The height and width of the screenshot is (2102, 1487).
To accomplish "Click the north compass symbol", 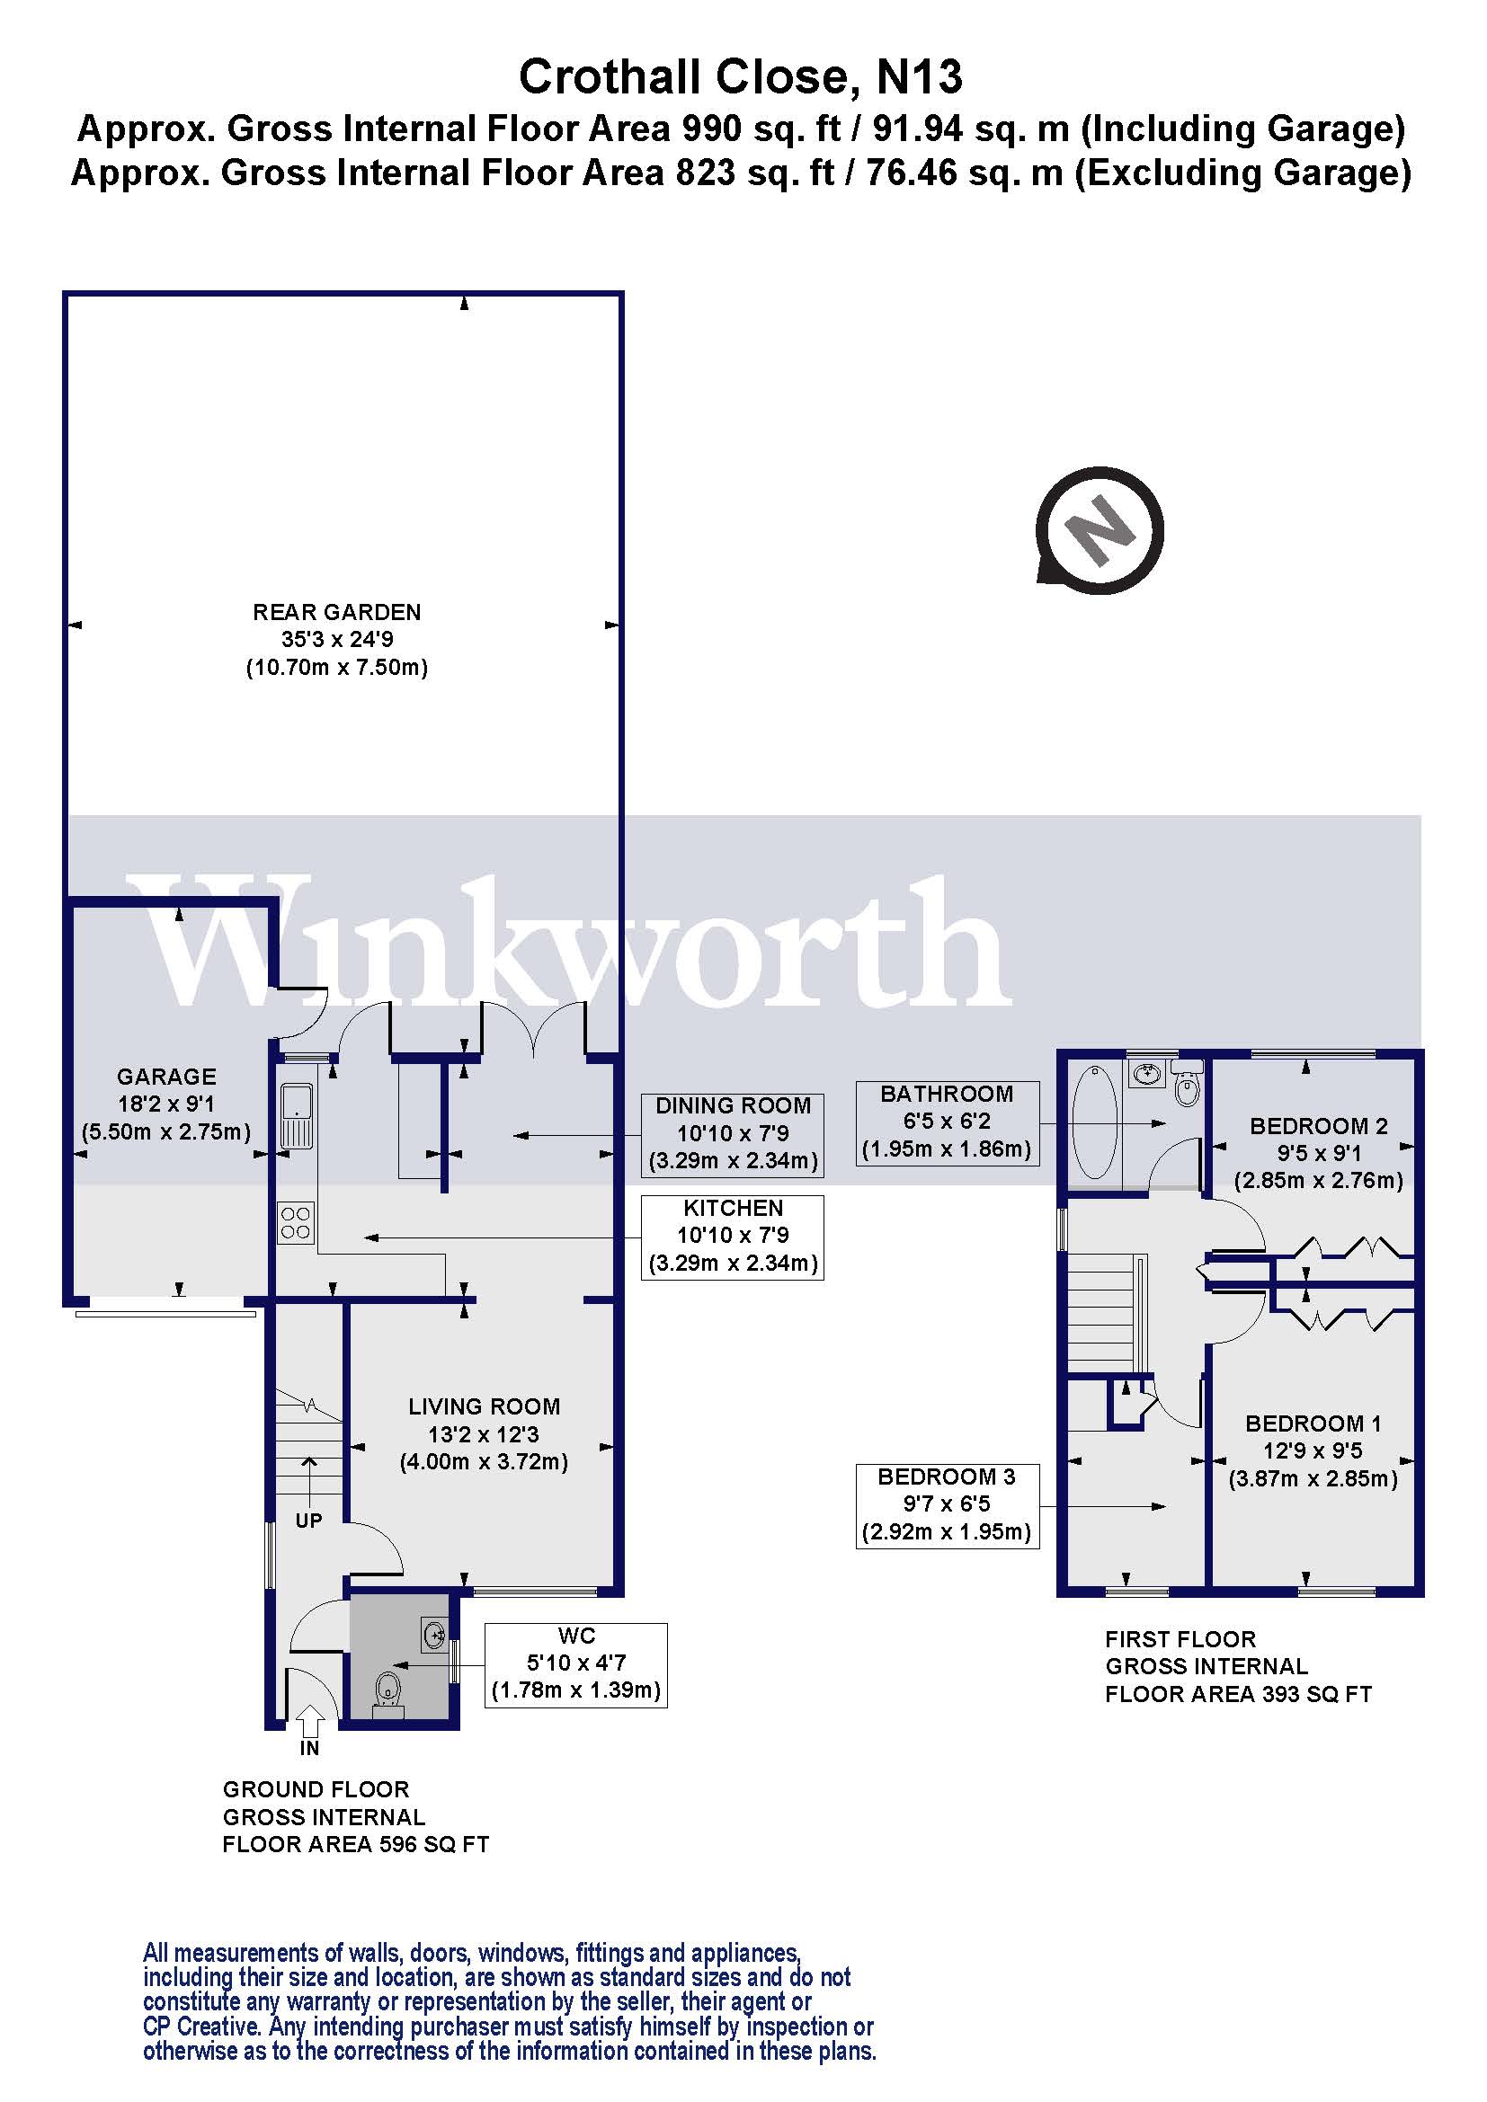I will point(1100,530).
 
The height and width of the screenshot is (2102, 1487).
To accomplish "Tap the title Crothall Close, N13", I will point(741,77).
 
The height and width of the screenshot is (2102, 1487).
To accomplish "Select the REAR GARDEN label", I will point(337,639).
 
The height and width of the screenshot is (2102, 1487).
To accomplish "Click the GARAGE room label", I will point(166,1104).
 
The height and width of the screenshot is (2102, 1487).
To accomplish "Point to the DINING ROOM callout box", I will point(733,1133).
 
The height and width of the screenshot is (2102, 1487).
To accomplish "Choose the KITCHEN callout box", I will point(733,1236).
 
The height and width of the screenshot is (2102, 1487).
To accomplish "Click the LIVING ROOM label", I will point(484,1433).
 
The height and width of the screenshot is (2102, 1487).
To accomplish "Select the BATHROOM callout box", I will point(947,1122).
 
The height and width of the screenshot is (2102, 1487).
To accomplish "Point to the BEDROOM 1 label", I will point(1312,1450).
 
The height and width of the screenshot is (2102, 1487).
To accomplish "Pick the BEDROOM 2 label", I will point(1319,1153).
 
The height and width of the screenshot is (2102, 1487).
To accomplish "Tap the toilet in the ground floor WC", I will point(388,1685).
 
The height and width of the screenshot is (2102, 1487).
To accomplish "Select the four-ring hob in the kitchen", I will point(296,1223).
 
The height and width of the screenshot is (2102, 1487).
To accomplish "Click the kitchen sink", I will point(296,1115).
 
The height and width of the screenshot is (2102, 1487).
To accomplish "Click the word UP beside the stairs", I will point(308,1521).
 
